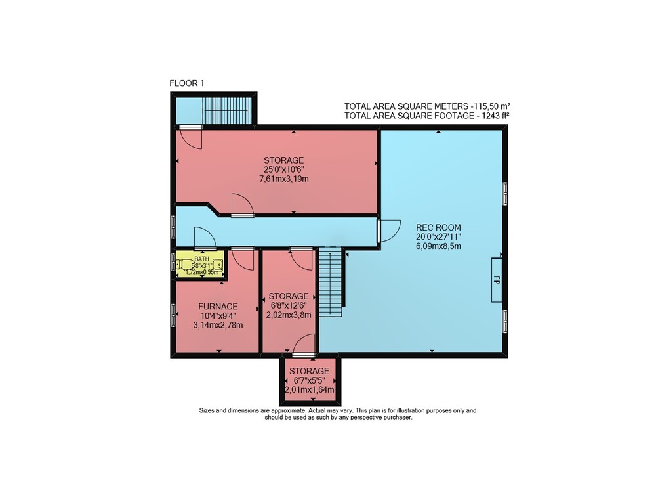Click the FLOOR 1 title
click(x=186, y=83)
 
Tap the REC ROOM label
click(x=438, y=227)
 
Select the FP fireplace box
click(x=497, y=280)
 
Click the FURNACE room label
click(x=218, y=307)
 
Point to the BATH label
click(x=201, y=259)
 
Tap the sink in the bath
click(x=218, y=265)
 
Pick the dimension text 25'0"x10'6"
click(x=283, y=169)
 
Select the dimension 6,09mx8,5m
click(x=438, y=246)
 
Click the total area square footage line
click(x=427, y=116)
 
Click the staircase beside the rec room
click(x=331, y=282)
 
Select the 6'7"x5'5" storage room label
click(x=310, y=372)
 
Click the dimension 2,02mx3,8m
click(x=289, y=315)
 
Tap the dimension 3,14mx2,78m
click(x=218, y=325)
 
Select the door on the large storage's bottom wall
click(x=243, y=205)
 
